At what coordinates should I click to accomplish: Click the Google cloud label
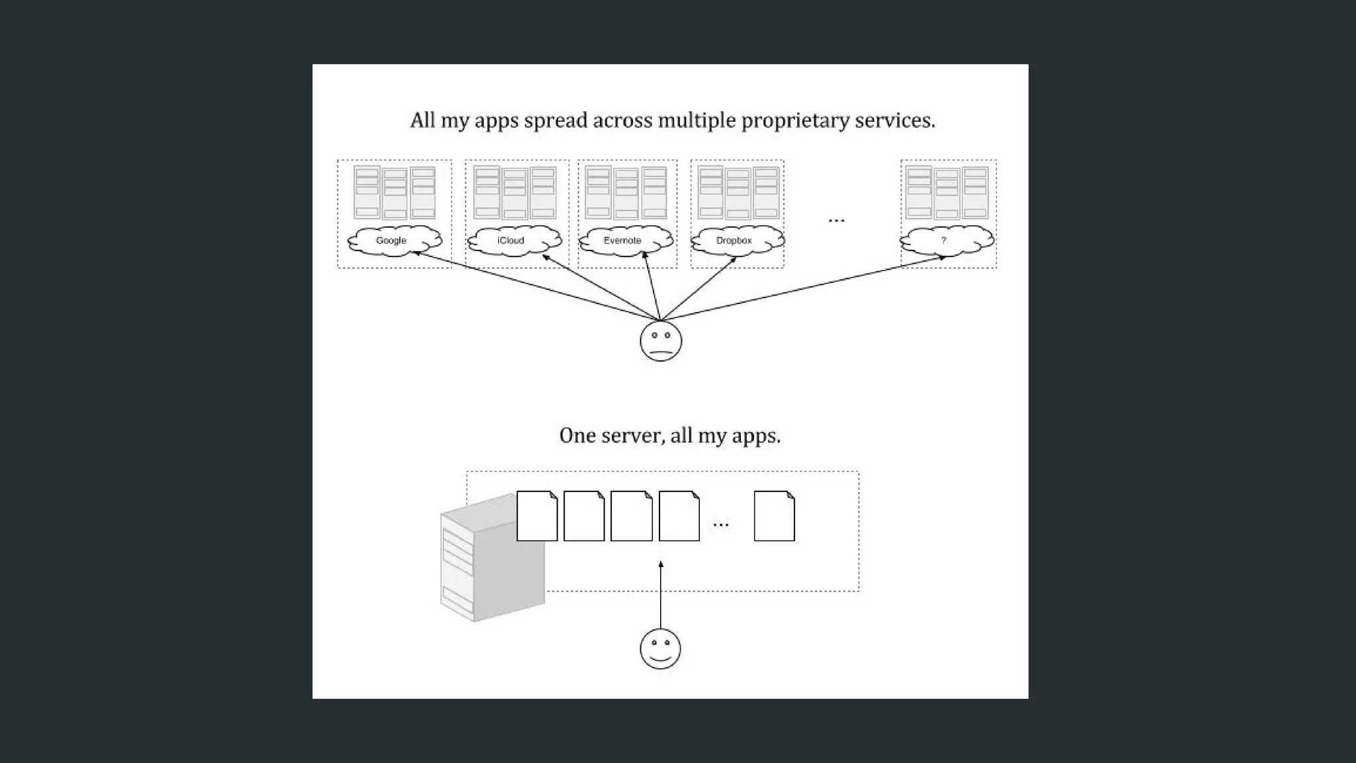tap(391, 240)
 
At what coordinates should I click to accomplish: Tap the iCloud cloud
tap(511, 240)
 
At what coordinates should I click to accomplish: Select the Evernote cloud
tap(622, 240)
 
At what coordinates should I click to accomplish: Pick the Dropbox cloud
tap(734, 240)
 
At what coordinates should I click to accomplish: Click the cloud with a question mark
tap(945, 240)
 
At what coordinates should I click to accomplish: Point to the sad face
tap(661, 341)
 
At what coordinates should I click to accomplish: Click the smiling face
tap(660, 648)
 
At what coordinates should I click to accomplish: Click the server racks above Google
tap(395, 193)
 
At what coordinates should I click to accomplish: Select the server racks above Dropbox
tap(738, 193)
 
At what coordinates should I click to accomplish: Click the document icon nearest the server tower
tap(537, 516)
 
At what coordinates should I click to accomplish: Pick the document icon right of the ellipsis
tap(774, 516)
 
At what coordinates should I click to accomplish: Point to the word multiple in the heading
tap(697, 121)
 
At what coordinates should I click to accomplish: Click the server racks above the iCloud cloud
tap(516, 193)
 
